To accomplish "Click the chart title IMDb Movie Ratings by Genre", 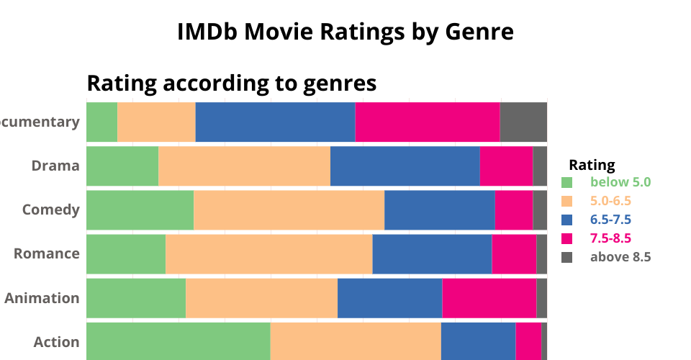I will click(x=345, y=32).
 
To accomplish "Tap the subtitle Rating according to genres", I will click(x=231, y=84).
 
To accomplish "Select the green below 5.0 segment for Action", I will click(x=178, y=341).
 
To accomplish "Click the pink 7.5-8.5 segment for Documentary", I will click(x=427, y=122).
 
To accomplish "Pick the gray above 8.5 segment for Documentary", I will click(x=523, y=122).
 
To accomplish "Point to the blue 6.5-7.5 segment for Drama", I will click(x=405, y=166).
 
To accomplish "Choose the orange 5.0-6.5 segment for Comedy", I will click(x=289, y=210).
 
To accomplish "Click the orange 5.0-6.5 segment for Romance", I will click(x=268, y=253).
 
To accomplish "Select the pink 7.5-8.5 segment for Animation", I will click(x=489, y=297).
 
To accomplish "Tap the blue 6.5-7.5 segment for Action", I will click(x=478, y=341).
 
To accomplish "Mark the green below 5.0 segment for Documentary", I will click(x=101, y=122).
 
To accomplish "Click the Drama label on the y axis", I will click(x=55, y=166).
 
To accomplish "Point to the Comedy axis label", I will click(x=50, y=210).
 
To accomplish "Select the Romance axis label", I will click(x=47, y=253).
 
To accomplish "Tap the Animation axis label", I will click(x=42, y=297).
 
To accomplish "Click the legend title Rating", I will click(x=592, y=164).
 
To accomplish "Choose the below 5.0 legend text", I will click(x=620, y=182).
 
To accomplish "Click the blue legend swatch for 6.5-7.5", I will click(x=566, y=220).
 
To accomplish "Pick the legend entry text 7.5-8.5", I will click(x=611, y=238).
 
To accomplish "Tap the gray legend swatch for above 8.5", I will click(x=566, y=257).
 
